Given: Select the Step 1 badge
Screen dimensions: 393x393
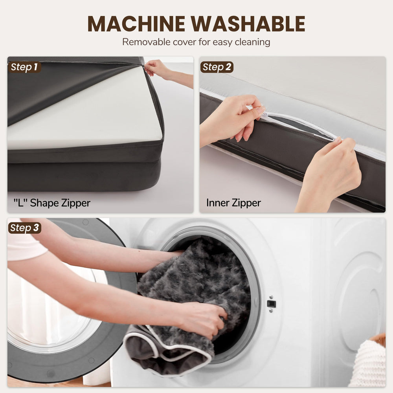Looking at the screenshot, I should (x=24, y=67).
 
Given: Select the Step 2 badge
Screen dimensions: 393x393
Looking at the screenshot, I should (x=217, y=67).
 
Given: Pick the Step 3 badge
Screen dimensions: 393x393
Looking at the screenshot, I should (x=24, y=228).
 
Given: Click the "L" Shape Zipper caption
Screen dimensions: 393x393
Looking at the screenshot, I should (x=52, y=203).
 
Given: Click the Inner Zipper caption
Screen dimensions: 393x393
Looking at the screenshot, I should (x=233, y=203).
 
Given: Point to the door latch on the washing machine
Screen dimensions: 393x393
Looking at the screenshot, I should (x=271, y=304).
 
